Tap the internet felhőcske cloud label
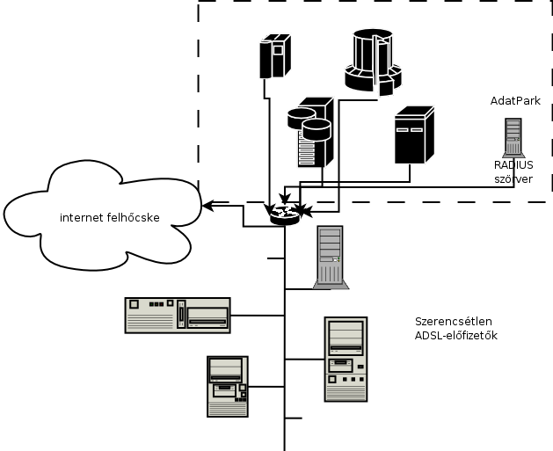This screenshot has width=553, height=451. pos(110,217)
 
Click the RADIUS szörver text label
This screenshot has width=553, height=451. pos(513,171)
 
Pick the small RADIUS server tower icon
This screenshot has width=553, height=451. pos(513,137)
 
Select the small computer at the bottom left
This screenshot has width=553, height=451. pos(227,385)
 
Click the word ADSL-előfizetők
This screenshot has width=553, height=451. pos(456,336)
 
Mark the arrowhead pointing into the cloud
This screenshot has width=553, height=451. pos(207,206)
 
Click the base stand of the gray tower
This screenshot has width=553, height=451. pos(331,283)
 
